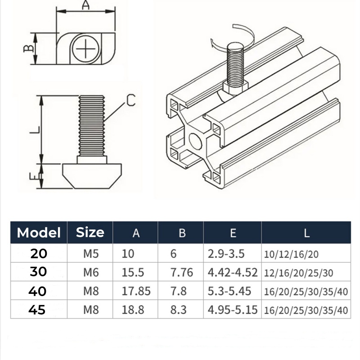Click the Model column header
(x=39, y=233)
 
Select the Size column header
(x=90, y=232)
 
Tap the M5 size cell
(x=90, y=254)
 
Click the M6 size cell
(x=90, y=273)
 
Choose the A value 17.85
(x=136, y=291)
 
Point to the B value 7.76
(x=181, y=273)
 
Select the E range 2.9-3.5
(x=226, y=254)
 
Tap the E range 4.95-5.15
(x=232, y=310)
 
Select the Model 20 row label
(x=39, y=254)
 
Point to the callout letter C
(x=130, y=100)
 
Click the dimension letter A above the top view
(x=85, y=6)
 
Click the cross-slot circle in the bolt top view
(x=85, y=49)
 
